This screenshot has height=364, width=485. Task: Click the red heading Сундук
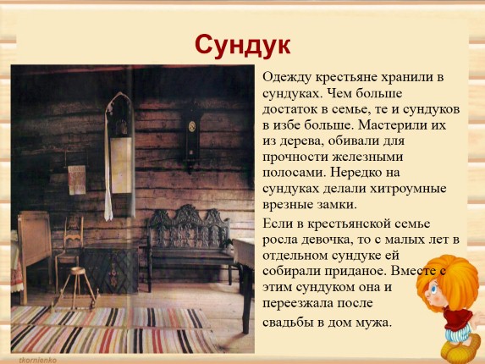pyautogui.click(x=243, y=46)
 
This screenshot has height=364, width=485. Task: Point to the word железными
pyautogui.click(x=368, y=157)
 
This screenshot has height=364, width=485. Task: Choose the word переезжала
pyautogui.click(x=298, y=303)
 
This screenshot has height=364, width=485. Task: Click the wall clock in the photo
pyautogui.click(x=192, y=136)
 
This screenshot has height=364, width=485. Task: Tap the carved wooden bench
pyautogui.click(x=190, y=245)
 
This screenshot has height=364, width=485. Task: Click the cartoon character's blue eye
pyautogui.click(x=433, y=290)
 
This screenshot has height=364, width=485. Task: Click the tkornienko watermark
pyautogui.click(x=38, y=360)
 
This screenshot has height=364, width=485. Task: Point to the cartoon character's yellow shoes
pyautogui.click(x=460, y=349)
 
